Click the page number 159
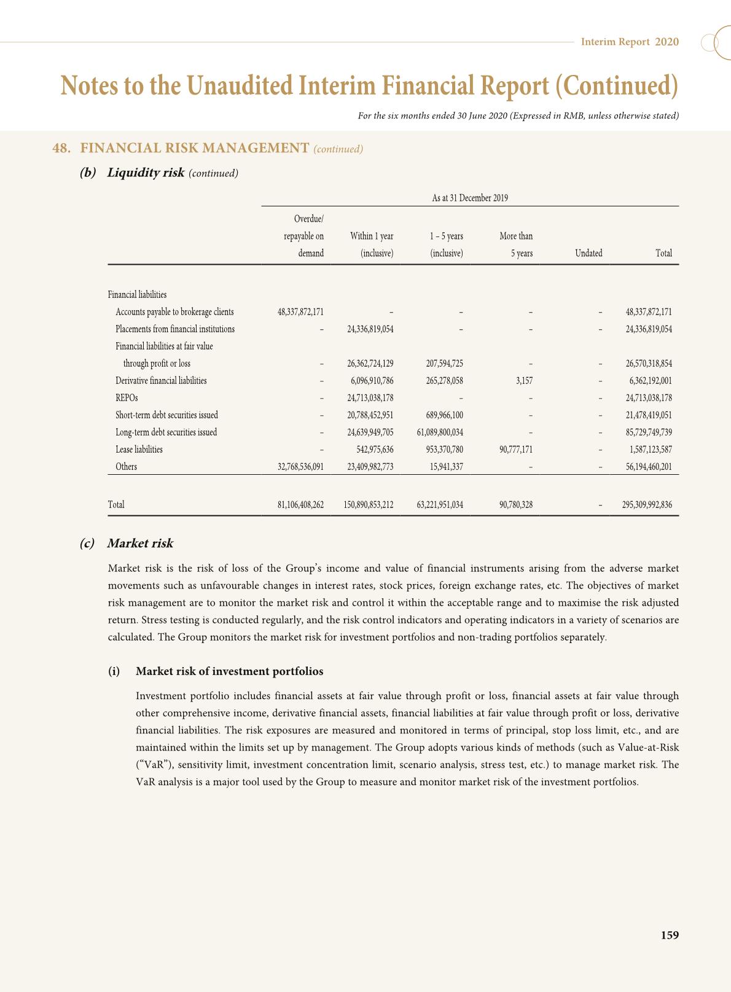pyautogui.click(x=670, y=935)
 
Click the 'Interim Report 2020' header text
pyautogui.click(x=630, y=42)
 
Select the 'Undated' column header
pyautogui.click(x=588, y=253)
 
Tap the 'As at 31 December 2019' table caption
pyautogui.click(x=470, y=198)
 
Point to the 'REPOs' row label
pyautogui.click(x=127, y=398)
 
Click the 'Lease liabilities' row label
pyautogui.click(x=139, y=450)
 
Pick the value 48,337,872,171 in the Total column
pyautogui.click(x=649, y=312)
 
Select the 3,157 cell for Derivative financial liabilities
pyautogui.click(x=524, y=381)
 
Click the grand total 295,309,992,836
pyautogui.click(x=647, y=505)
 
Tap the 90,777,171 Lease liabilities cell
pyautogui.click(x=515, y=450)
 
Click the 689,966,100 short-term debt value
pyautogui.click(x=444, y=415)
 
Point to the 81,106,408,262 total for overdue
pyautogui.click(x=300, y=505)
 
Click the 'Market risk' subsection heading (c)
pyautogui.click(x=140, y=544)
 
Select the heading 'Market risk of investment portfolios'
pyautogui.click(x=229, y=671)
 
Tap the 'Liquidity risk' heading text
pyautogui.click(x=146, y=173)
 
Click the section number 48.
pyautogui.click(x=60, y=148)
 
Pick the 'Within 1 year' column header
pyautogui.click(x=372, y=236)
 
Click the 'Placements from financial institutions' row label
pyautogui.click(x=175, y=329)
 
